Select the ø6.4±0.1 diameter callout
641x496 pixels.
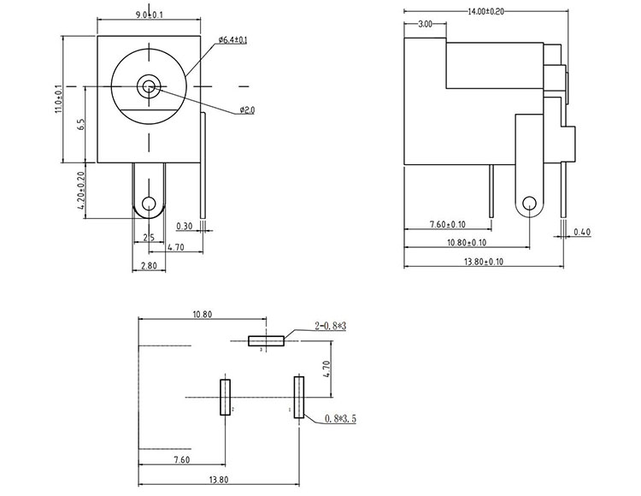point(232,40)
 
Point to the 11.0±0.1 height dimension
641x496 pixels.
point(58,98)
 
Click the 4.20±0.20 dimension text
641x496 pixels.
point(79,188)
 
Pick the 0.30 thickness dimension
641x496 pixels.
point(184,227)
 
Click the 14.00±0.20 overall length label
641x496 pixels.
point(485,11)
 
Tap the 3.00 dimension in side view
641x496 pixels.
point(425,26)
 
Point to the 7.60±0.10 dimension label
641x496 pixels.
point(446,225)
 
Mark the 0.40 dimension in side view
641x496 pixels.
point(583,232)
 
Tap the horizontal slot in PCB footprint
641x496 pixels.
point(267,341)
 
